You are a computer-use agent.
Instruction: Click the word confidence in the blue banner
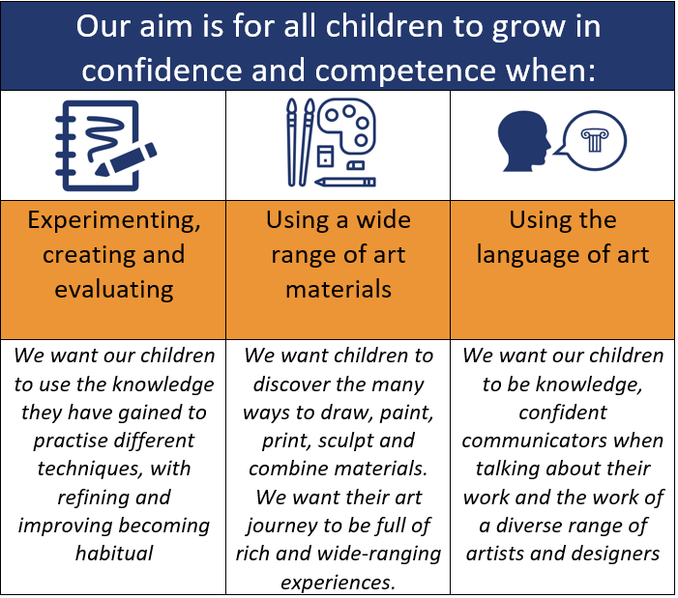click(x=162, y=70)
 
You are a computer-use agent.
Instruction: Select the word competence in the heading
click(x=405, y=71)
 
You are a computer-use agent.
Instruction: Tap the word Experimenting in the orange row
click(x=114, y=221)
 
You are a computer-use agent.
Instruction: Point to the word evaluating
click(x=114, y=289)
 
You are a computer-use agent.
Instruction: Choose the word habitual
click(x=114, y=554)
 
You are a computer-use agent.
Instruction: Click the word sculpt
click(x=339, y=441)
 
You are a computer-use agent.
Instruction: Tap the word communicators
click(x=535, y=441)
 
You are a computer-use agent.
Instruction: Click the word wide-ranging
click(x=378, y=555)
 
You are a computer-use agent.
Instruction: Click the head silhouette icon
click(x=523, y=141)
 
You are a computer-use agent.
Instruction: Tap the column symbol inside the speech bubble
click(x=595, y=140)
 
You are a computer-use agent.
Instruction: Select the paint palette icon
click(x=346, y=127)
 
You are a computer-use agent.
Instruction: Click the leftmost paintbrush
click(x=292, y=142)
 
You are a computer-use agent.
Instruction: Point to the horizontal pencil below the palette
click(x=345, y=182)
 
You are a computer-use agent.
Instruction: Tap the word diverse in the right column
click(x=523, y=526)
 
